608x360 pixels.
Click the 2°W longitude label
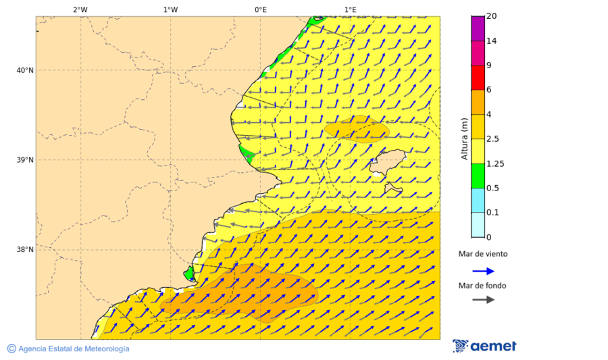80,9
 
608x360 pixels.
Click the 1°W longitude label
170,9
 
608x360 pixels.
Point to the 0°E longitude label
260,9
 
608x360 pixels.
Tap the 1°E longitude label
350,9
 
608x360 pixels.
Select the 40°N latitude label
24,70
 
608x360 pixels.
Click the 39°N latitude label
24,160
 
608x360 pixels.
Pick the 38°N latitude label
24,250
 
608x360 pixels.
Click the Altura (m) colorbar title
464,138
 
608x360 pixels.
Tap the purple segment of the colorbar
478,28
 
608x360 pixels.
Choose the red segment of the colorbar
478,78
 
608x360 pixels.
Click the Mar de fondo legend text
482,285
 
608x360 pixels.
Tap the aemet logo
484,346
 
